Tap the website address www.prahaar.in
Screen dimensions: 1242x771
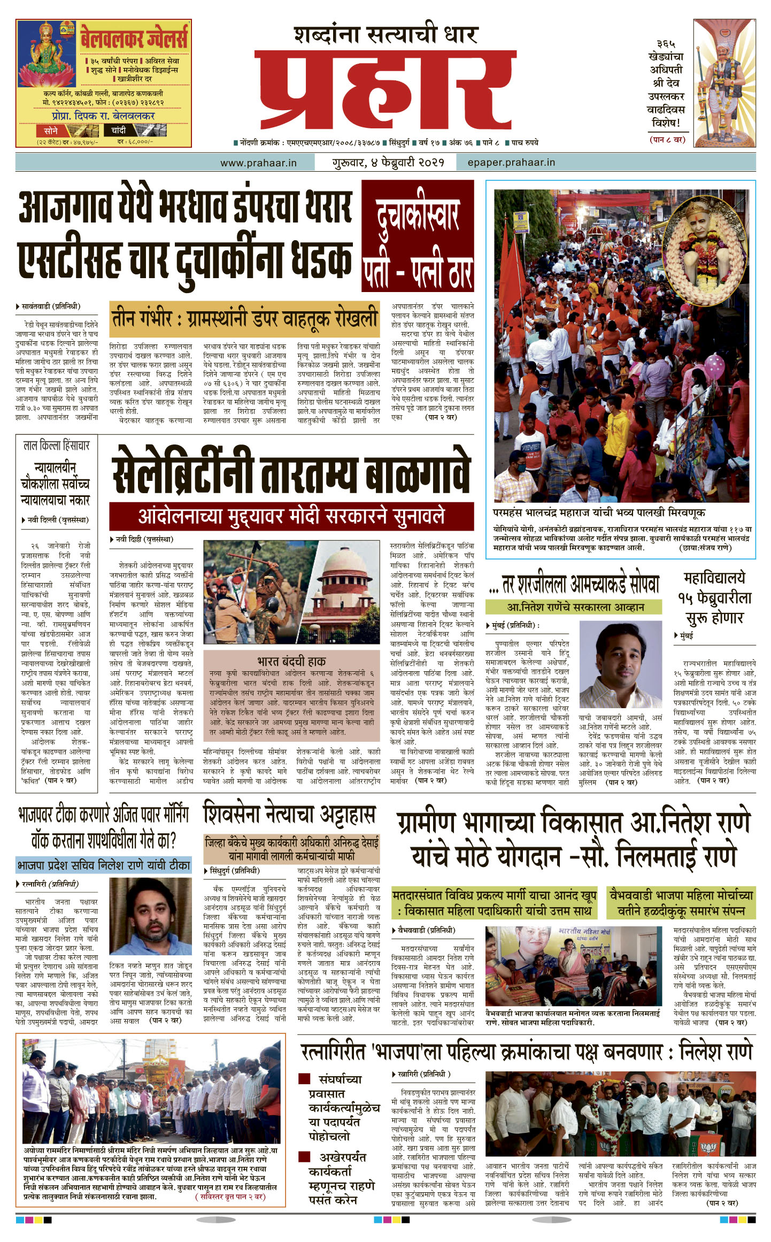(258, 163)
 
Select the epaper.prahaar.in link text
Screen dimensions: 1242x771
(511, 162)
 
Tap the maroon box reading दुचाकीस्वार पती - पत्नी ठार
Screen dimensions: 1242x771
(418, 236)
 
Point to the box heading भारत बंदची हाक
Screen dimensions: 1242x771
(291, 661)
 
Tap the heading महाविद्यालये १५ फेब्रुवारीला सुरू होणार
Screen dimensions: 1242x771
(714, 598)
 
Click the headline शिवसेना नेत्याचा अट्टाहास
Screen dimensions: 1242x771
(289, 816)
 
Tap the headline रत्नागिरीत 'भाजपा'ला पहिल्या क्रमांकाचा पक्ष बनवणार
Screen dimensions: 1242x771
(527, 1052)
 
